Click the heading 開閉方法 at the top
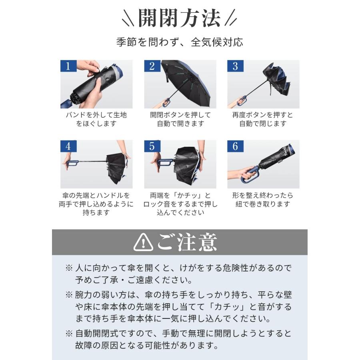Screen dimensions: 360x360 (x=180, y=18)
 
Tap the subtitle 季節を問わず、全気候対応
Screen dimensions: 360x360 (x=180, y=42)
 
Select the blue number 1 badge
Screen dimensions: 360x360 (x=68, y=66)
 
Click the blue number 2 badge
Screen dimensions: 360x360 (x=152, y=66)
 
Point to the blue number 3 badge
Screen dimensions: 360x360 (x=235, y=66)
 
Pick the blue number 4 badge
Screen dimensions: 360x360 (x=68, y=146)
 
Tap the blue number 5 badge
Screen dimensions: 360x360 (x=152, y=146)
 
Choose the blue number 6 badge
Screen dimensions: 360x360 (x=235, y=146)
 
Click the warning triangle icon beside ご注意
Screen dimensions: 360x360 (x=143, y=242)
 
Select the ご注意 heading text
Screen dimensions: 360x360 (x=187, y=242)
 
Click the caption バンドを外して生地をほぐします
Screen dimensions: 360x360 (x=96, y=119)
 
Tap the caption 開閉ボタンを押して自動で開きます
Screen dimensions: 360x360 (x=180, y=119)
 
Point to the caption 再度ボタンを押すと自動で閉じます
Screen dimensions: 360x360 (x=263, y=119)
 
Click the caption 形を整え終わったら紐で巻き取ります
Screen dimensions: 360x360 (x=263, y=200)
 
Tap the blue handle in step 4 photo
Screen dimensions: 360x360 (x=72, y=163)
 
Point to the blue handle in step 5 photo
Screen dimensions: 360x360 (x=164, y=162)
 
